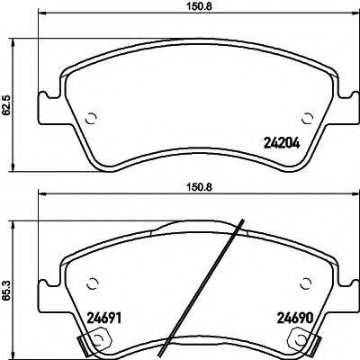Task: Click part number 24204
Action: click(x=279, y=141)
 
